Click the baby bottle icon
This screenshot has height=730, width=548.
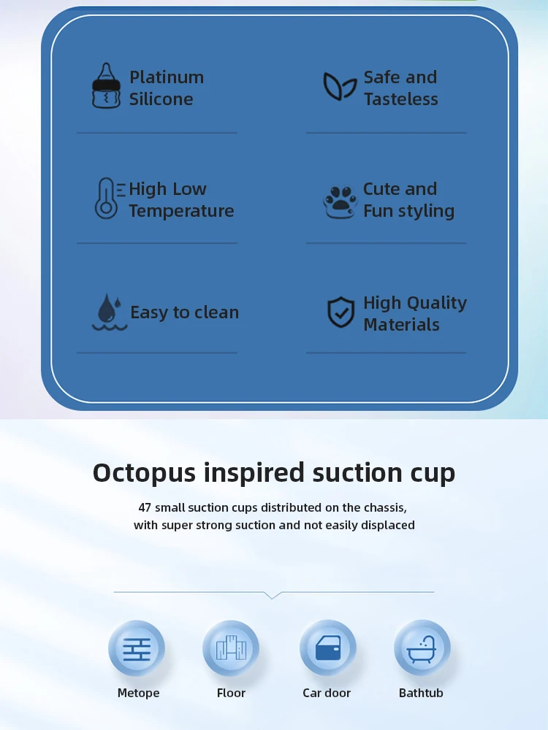coord(106,85)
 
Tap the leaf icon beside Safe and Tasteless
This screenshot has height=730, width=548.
coord(340,86)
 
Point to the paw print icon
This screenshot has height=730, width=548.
coord(340,201)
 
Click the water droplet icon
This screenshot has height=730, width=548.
coord(110,312)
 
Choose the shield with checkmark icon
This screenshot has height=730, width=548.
coord(341,312)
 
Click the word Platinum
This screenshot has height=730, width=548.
coord(167,77)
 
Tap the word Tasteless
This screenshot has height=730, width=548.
coord(400,99)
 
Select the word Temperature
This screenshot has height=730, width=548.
coord(181,211)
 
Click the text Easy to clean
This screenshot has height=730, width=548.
coord(185,312)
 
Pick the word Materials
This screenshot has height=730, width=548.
coord(401,325)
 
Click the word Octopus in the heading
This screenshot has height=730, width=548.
coord(145,473)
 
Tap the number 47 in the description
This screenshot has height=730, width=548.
coord(145,507)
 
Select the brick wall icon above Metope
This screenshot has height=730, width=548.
coord(137,649)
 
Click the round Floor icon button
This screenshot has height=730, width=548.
coord(231,648)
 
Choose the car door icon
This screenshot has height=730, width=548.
coord(328,648)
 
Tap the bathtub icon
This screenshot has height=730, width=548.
coord(422,648)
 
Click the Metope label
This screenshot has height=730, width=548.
coord(138,693)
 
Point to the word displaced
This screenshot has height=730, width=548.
coord(389,525)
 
